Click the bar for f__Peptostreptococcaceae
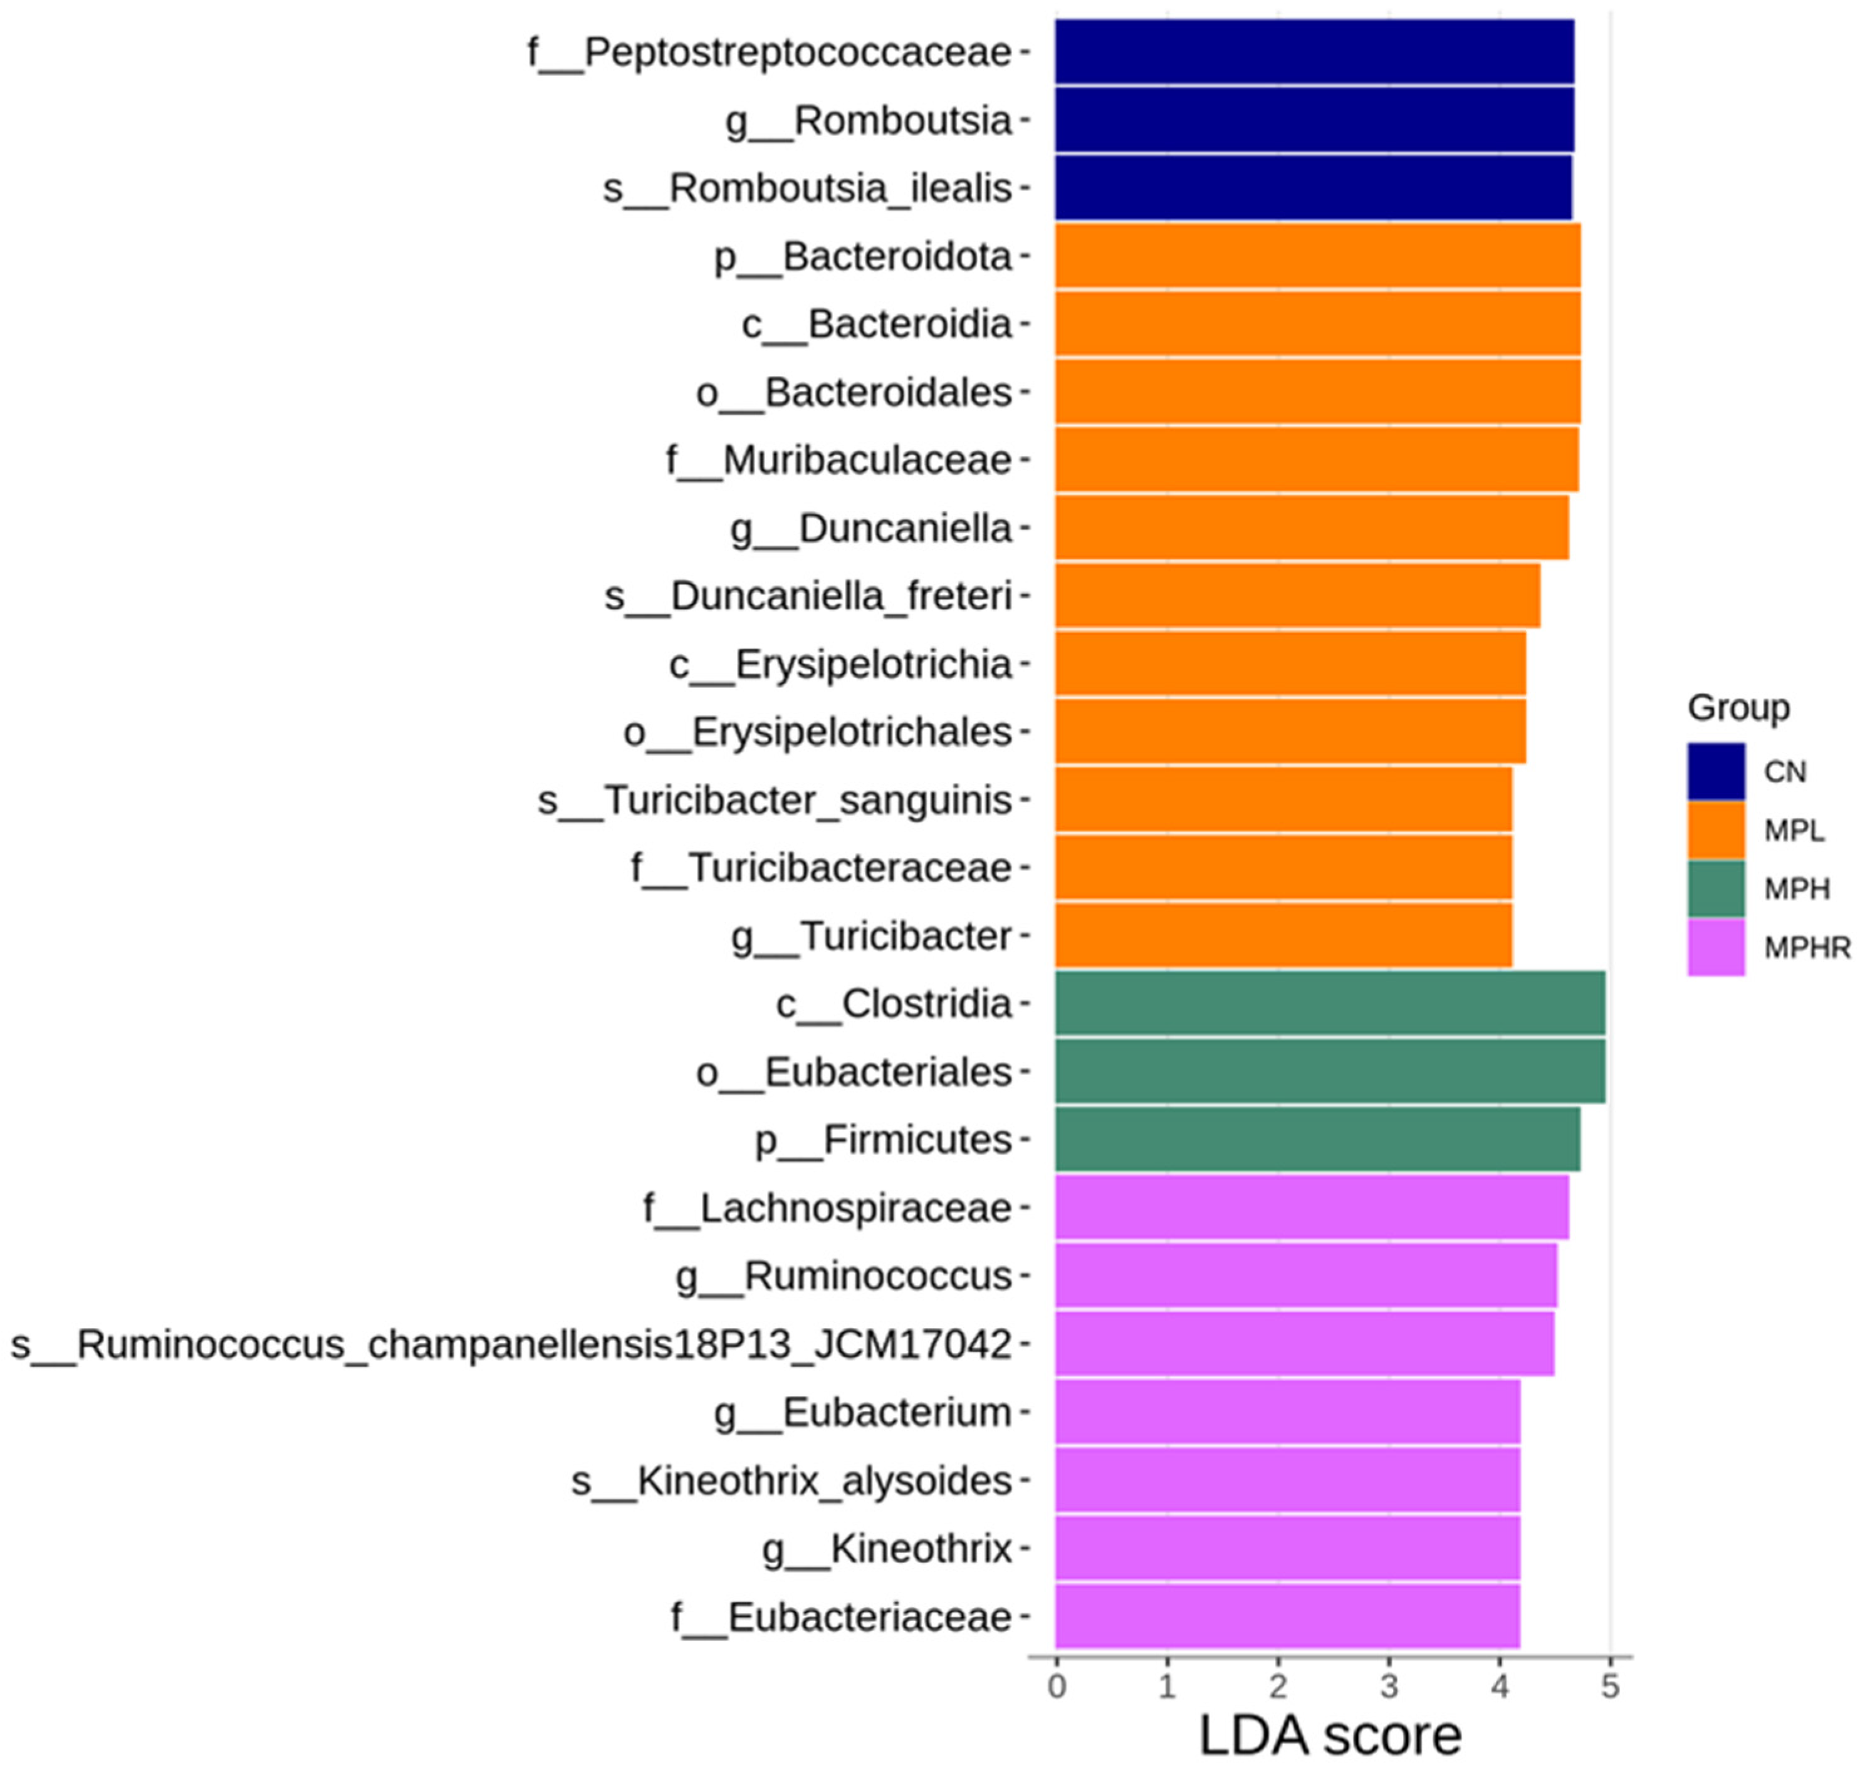point(1314,52)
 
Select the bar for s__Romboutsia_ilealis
point(1313,188)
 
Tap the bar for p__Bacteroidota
point(1317,256)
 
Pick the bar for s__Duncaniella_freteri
point(1297,595)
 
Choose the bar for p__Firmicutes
point(1317,1139)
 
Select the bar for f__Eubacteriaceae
point(1287,1616)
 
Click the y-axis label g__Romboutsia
point(867,121)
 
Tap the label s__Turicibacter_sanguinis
point(774,801)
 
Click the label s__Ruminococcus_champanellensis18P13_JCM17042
point(510,1344)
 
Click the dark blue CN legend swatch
point(1715,771)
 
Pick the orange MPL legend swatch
point(1715,829)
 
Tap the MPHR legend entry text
point(1806,947)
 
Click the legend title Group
point(1738,707)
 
